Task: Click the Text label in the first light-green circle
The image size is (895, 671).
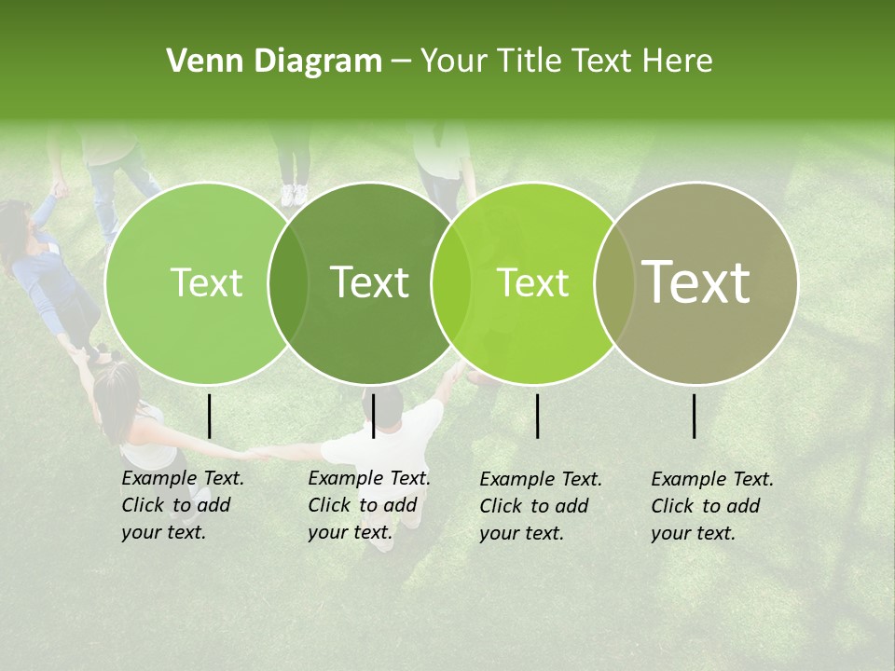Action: [206, 282]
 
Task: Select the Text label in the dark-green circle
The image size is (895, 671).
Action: [369, 282]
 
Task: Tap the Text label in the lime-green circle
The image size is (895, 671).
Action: [532, 282]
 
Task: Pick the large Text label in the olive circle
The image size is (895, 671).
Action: [696, 282]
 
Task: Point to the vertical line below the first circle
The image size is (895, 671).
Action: [209, 416]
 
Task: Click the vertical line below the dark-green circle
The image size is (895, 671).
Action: [373, 416]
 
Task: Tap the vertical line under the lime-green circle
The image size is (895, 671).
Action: [537, 416]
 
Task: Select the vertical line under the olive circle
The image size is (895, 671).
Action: [694, 416]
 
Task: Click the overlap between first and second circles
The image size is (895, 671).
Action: [288, 282]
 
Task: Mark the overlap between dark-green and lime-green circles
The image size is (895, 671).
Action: [451, 282]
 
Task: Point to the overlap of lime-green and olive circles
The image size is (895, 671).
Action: [614, 282]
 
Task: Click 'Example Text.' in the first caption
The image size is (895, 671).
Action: [183, 479]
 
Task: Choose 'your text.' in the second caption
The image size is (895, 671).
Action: [350, 532]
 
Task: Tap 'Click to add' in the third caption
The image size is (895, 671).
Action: [533, 506]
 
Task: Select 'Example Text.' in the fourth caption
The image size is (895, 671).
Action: [712, 480]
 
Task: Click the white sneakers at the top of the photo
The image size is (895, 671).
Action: [294, 195]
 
